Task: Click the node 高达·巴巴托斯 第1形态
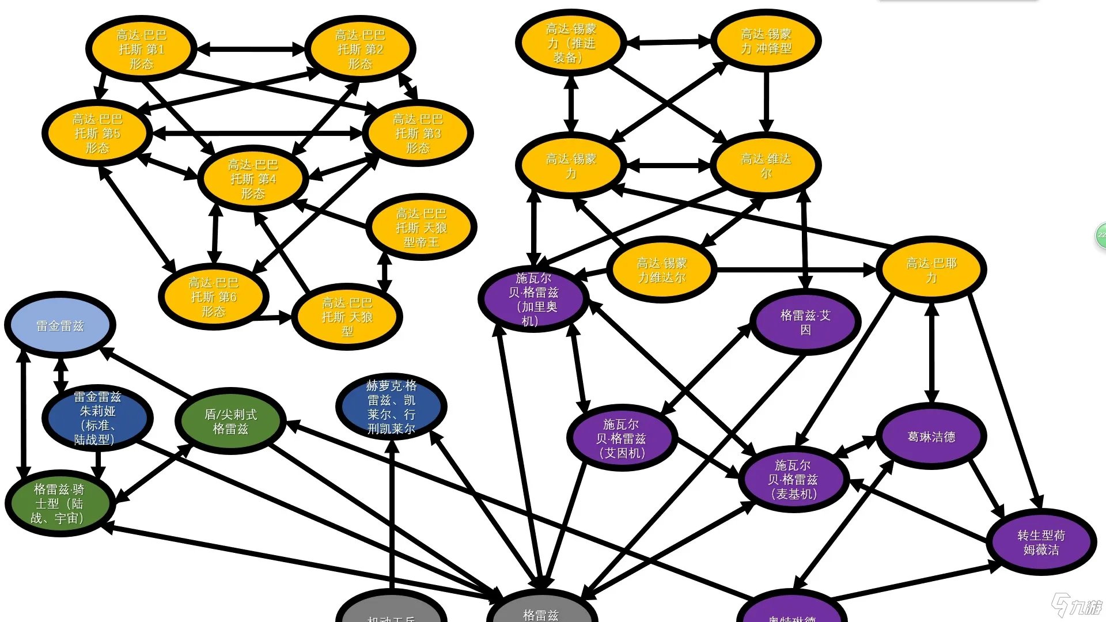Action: point(141,49)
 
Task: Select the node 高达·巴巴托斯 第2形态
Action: point(360,49)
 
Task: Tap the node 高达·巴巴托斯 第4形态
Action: point(253,179)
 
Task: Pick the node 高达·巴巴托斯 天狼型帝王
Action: point(421,227)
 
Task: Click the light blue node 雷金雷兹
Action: point(60,325)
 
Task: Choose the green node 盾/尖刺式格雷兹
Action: point(230,421)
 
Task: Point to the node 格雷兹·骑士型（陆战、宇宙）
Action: point(59,503)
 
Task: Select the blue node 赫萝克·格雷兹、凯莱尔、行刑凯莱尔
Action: point(391,407)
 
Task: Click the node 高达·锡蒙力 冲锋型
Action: point(766,41)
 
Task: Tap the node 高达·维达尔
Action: point(766,165)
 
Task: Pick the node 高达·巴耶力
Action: point(931,270)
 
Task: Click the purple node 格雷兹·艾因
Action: point(805,322)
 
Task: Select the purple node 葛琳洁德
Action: point(931,437)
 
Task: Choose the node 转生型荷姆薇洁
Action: point(1041,542)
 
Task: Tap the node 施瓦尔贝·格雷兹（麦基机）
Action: point(793,479)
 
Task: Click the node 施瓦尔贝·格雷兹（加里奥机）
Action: point(533,299)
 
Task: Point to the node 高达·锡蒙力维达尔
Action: point(662,270)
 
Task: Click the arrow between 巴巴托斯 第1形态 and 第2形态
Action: point(251,49)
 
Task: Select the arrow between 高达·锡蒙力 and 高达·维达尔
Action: point(668,165)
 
